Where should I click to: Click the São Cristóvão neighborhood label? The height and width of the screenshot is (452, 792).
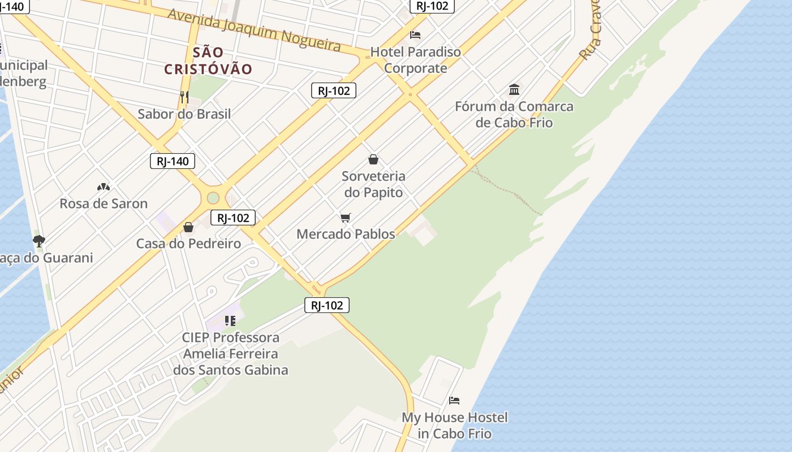(208, 61)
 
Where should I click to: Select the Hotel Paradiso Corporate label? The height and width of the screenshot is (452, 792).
(415, 60)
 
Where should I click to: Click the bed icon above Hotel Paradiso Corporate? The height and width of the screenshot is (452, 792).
(415, 35)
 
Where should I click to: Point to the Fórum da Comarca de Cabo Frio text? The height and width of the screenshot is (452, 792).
(514, 114)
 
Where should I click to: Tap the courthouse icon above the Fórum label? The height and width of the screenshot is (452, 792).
(514, 89)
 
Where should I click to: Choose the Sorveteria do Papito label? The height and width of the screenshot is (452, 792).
(373, 184)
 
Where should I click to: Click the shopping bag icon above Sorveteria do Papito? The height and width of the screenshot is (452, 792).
(373, 159)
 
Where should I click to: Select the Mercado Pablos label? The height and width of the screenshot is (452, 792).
(346, 234)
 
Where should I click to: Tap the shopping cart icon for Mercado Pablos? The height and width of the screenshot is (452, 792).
(346, 218)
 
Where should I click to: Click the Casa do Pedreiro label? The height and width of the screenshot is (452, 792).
(188, 244)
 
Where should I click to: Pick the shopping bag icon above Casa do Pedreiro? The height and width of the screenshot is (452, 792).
(188, 227)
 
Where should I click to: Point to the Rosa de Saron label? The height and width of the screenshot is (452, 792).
(104, 203)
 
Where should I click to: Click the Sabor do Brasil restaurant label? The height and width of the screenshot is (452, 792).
(184, 114)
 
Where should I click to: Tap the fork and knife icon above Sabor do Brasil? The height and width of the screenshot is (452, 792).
(184, 97)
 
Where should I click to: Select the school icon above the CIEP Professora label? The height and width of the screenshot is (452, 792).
(230, 321)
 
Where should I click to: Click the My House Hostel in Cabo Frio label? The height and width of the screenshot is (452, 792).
(454, 425)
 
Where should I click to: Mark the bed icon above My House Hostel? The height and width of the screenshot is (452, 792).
(454, 401)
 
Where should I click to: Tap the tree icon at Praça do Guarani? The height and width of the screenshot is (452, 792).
(38, 241)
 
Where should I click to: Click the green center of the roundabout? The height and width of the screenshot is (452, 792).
(213, 198)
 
